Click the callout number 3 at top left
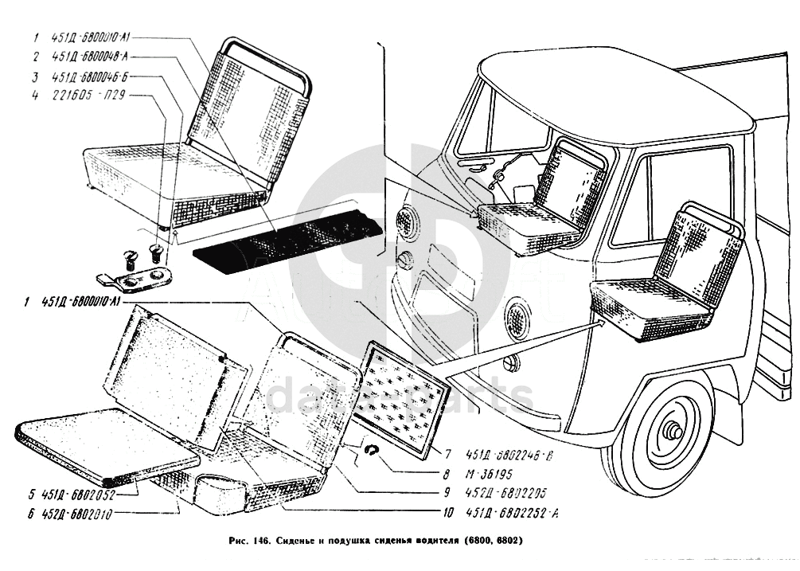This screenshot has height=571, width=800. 36,77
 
